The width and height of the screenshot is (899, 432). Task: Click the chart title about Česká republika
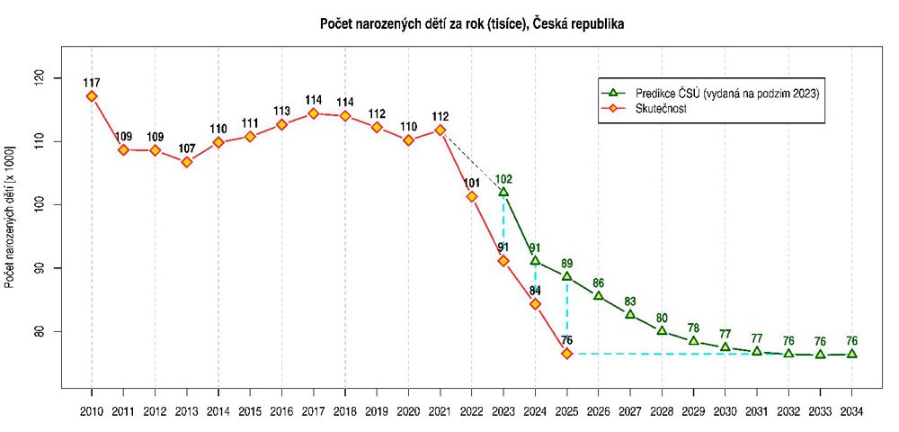[472, 24]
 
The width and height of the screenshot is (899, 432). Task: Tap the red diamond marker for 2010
[92, 96]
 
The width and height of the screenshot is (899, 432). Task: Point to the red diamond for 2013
[187, 162]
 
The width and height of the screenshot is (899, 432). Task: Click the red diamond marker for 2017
[314, 113]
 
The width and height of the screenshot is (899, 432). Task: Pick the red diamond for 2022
[472, 196]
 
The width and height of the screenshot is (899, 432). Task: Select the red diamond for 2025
[566, 354]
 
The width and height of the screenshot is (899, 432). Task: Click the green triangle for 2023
[503, 192]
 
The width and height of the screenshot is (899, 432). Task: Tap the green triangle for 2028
[662, 330]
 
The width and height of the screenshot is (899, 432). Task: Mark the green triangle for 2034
[851, 354]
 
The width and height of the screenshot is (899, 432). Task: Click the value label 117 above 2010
[92, 83]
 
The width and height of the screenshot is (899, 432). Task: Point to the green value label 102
[503, 178]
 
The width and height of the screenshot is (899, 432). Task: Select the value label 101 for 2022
[472, 184]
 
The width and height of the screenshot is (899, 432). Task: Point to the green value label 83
[630, 301]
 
